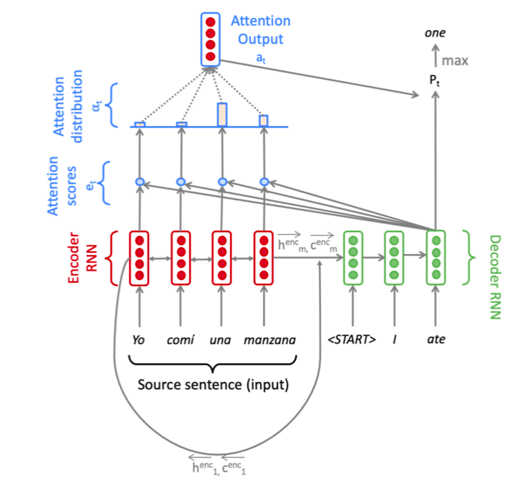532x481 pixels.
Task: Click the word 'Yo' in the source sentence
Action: (x=139, y=340)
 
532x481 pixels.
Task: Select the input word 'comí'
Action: (x=180, y=340)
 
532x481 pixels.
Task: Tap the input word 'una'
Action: (x=221, y=340)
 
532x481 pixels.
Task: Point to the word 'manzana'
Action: (x=270, y=340)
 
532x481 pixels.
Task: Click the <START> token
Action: (x=352, y=340)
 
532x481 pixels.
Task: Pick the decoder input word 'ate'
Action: (x=436, y=340)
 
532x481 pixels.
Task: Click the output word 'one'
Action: (x=435, y=33)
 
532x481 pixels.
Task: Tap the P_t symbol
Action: (x=435, y=81)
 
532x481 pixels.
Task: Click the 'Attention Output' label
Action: (x=260, y=29)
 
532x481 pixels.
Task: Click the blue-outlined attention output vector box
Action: (x=210, y=39)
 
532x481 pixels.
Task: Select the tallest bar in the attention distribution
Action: (x=222, y=114)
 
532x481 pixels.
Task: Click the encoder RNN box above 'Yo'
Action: (x=139, y=258)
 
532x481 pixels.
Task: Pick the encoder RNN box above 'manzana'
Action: (x=263, y=258)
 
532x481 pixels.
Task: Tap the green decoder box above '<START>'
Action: (x=352, y=258)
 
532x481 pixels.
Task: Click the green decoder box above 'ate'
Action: (x=436, y=258)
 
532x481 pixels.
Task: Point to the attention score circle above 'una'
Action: (x=222, y=182)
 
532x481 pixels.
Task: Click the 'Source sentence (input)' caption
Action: (x=214, y=385)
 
